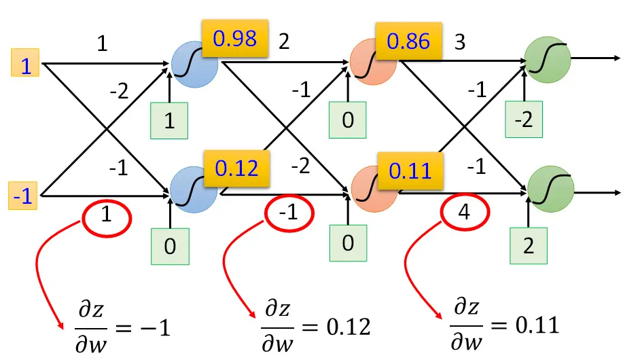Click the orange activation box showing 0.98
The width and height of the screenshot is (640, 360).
(x=235, y=38)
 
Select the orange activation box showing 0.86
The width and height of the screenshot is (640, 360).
(x=408, y=41)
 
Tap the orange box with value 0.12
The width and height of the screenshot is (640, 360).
(x=236, y=168)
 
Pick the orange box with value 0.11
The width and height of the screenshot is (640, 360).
(x=410, y=170)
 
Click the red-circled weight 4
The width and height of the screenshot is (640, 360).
(x=465, y=212)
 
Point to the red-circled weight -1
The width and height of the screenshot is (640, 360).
(x=289, y=213)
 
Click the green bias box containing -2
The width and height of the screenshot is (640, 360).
(x=524, y=119)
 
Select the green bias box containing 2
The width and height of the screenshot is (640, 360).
(x=529, y=246)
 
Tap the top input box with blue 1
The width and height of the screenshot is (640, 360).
(x=25, y=62)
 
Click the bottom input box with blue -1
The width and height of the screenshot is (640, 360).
(x=23, y=196)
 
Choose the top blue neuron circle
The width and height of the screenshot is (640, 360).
(x=194, y=64)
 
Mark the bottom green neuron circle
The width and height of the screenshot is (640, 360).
(x=550, y=189)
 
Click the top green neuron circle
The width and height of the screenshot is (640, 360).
(x=547, y=60)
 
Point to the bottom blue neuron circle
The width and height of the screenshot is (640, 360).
(x=194, y=190)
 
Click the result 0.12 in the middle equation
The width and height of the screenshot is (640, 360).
(x=349, y=327)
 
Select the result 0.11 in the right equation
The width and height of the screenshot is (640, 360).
(x=537, y=325)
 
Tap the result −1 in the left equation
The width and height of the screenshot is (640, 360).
(x=155, y=328)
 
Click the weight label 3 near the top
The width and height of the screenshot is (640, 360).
(x=460, y=42)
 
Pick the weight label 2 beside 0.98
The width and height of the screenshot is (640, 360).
(x=284, y=41)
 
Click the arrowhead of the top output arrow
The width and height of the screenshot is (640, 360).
(x=617, y=58)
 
